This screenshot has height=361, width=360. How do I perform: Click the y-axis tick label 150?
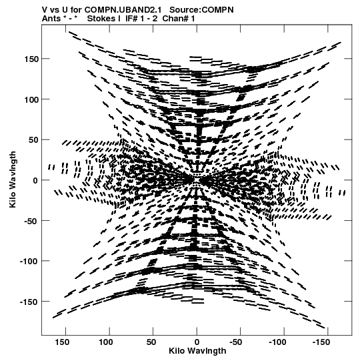tap(31, 59)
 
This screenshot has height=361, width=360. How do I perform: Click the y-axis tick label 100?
tap(31, 99)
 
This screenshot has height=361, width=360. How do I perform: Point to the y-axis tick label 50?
tap(33, 140)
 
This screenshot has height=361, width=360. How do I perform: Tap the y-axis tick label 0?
tap(35, 180)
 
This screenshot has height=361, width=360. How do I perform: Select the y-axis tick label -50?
tap(31, 221)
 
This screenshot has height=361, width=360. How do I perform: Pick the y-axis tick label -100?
tap(29, 262)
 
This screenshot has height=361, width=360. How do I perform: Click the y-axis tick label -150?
tap(29, 302)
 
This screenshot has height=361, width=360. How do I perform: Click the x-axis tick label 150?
tap(62, 342)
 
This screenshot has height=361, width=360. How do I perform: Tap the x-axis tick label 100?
tap(106, 342)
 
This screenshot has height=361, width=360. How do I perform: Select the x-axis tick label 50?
tap(151, 342)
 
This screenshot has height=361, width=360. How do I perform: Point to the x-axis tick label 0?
tap(197, 342)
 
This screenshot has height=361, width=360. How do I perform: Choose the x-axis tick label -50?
tap(236, 342)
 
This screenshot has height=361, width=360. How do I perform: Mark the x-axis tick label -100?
tap(277, 342)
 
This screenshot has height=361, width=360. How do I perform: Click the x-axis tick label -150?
tap(321, 342)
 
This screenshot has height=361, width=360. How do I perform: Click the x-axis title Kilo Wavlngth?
tap(197, 351)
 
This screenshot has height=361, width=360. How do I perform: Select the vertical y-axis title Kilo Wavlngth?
tap(13, 179)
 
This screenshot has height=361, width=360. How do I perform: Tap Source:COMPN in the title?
tap(201, 10)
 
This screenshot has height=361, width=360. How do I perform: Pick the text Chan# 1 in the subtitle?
tap(179, 19)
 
